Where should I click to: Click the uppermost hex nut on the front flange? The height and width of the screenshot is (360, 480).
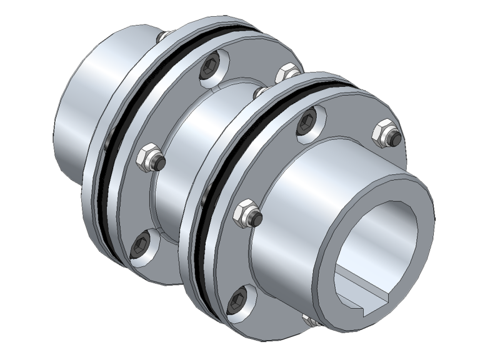tap(382, 133)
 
